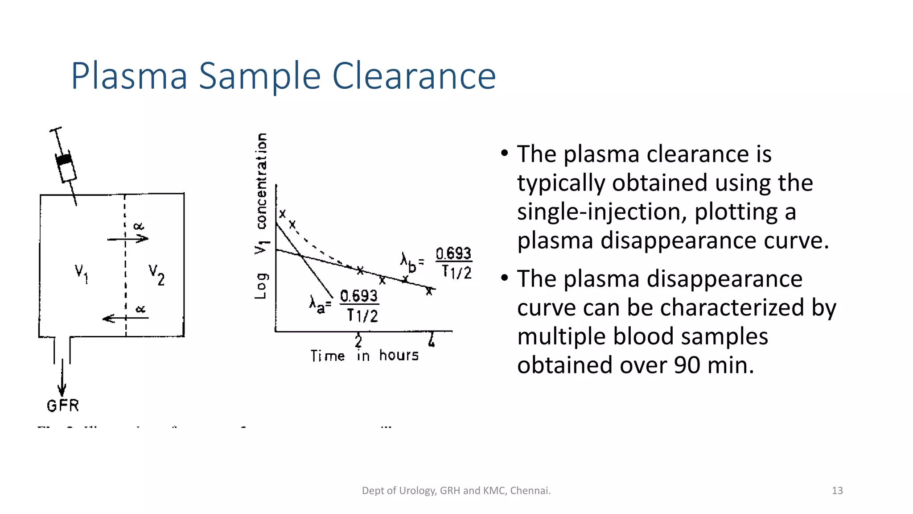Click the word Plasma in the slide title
click(129, 77)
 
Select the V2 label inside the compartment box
click(156, 274)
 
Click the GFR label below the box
click(63, 406)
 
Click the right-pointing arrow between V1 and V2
click(127, 239)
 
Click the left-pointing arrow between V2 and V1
click(125, 318)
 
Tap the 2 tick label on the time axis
click(358, 341)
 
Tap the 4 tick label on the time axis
click(431, 341)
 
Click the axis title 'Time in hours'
click(365, 356)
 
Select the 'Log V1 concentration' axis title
click(261, 216)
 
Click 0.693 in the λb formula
click(453, 253)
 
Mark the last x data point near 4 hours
click(429, 291)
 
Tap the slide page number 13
click(837, 490)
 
